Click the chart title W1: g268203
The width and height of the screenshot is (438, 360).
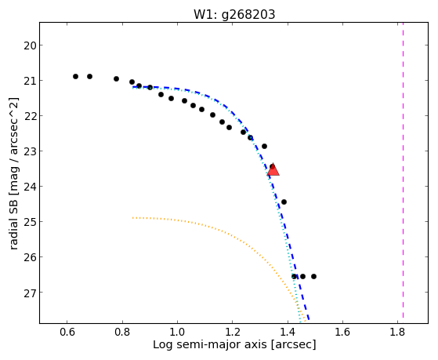pyautogui.click(x=234, y=14)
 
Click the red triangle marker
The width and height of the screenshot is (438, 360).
pyautogui.click(x=273, y=170)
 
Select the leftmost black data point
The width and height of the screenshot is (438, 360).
pyautogui.click(x=75, y=76)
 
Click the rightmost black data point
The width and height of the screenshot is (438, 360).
pyautogui.click(x=313, y=276)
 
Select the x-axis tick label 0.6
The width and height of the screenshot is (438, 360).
pyautogui.click(x=67, y=332)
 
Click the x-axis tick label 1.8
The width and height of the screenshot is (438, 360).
pyautogui.click(x=397, y=332)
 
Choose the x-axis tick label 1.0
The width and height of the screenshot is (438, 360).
pyautogui.click(x=177, y=332)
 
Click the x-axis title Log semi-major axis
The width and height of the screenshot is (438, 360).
pyautogui.click(x=209, y=344)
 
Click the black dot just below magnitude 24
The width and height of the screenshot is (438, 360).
pyautogui.click(x=284, y=202)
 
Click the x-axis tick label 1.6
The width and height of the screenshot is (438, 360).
pyautogui.click(x=342, y=332)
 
